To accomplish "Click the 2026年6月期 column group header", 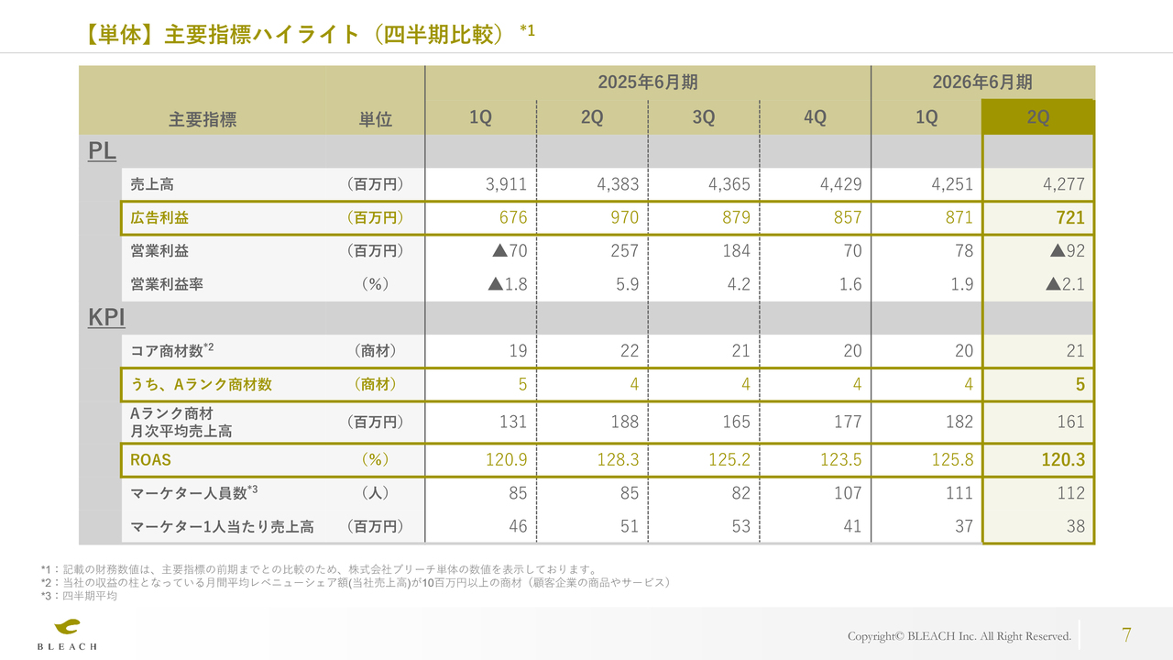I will click(x=982, y=82).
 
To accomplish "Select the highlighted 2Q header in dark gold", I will click(x=1038, y=117).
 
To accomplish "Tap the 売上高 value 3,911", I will click(x=506, y=184).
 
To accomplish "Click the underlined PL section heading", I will click(x=102, y=151).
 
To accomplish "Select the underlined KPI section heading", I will click(x=106, y=318).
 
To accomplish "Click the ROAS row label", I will click(x=150, y=459).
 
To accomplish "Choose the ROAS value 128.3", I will click(x=618, y=459).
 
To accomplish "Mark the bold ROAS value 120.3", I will click(x=1063, y=459).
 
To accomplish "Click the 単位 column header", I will click(x=375, y=119).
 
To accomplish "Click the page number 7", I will click(x=1126, y=635).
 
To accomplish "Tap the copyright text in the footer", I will click(x=959, y=636).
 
